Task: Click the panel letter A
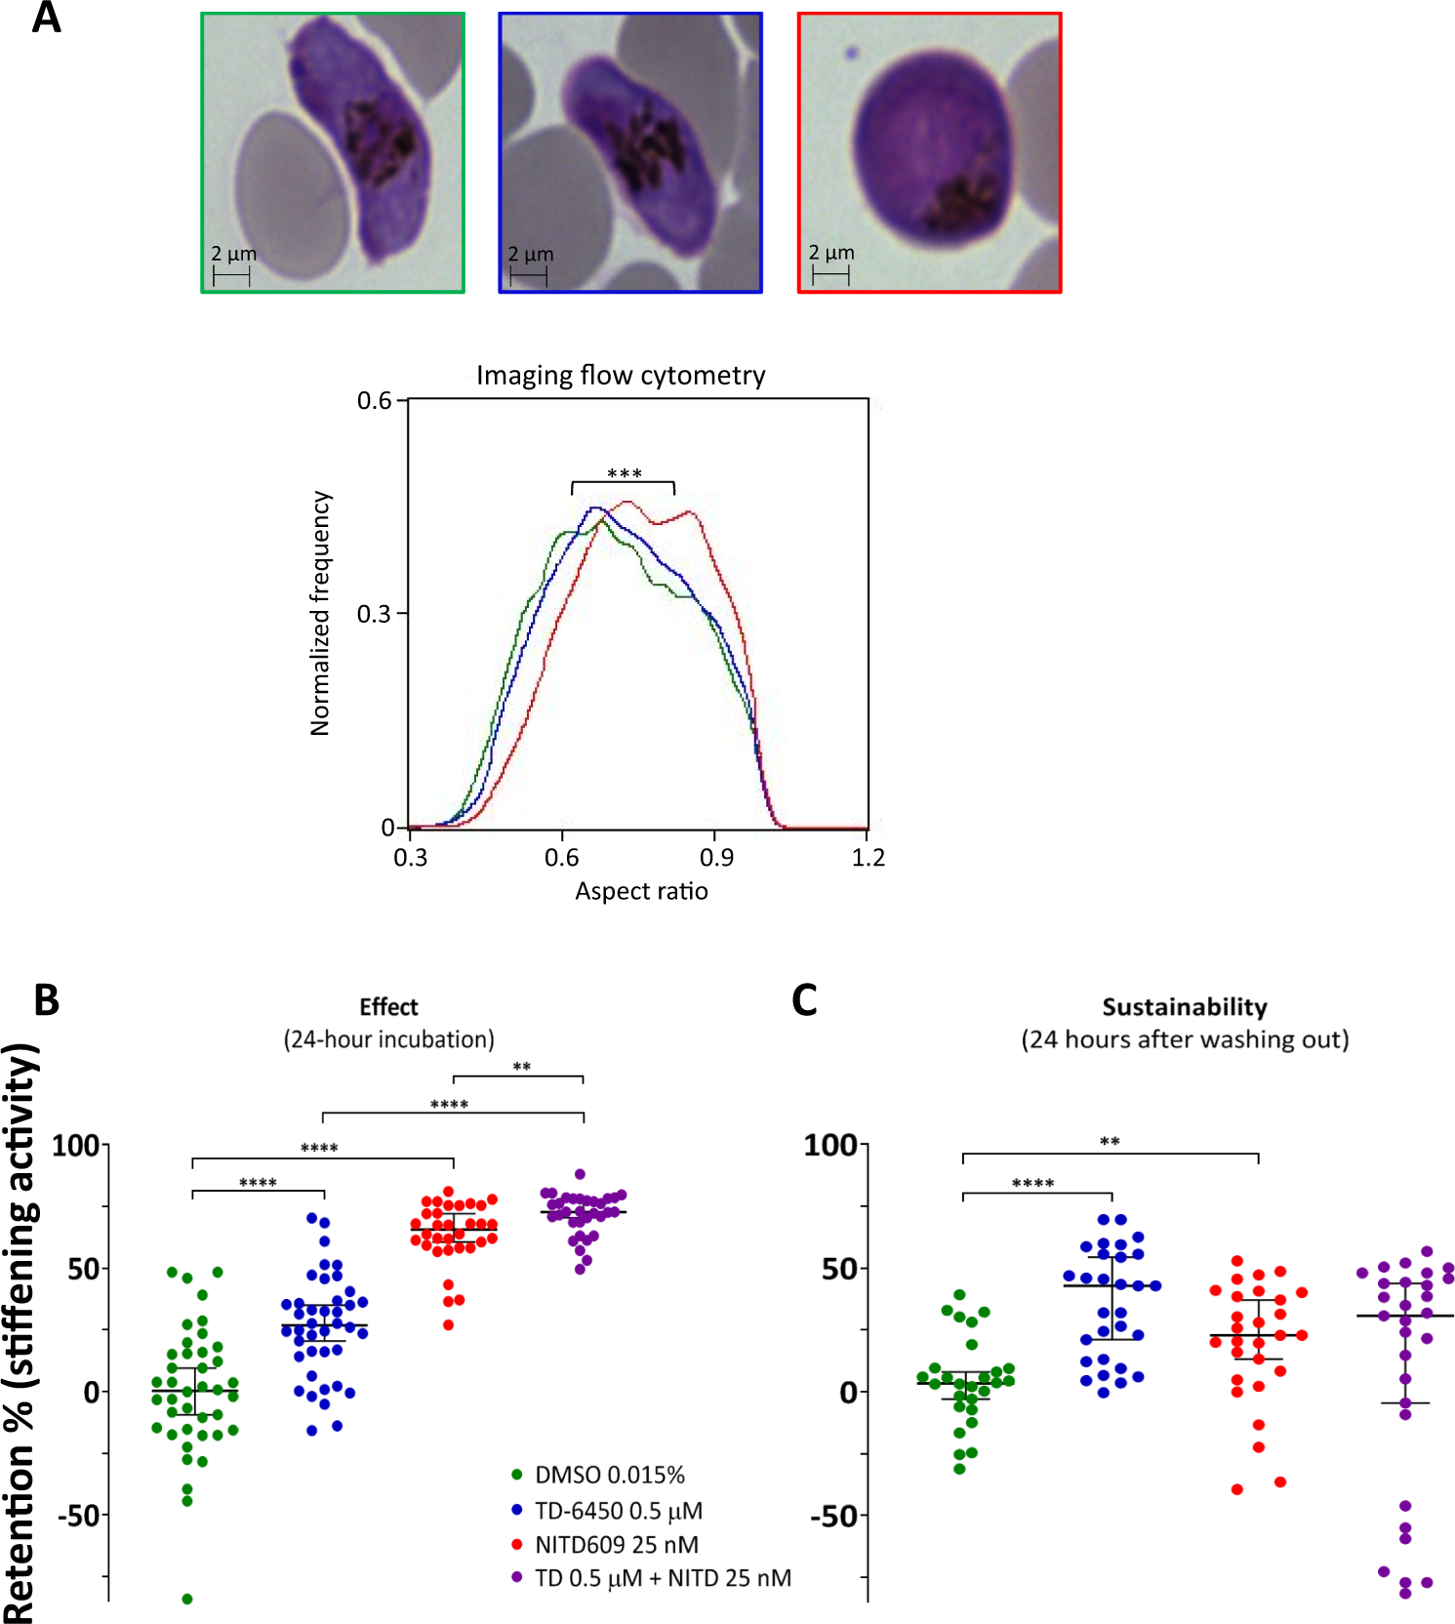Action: pyautogui.click(x=46, y=18)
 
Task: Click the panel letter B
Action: pyautogui.click(x=46, y=1000)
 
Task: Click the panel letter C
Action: pyautogui.click(x=804, y=1000)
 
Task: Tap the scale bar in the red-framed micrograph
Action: pyautogui.click(x=830, y=275)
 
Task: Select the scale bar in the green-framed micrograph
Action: pyautogui.click(x=231, y=277)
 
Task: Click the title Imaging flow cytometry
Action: pyautogui.click(x=621, y=376)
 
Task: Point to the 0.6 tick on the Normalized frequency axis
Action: pyautogui.click(x=374, y=401)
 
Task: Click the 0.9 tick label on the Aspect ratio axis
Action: pyautogui.click(x=716, y=858)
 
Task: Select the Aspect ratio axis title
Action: pyautogui.click(x=641, y=891)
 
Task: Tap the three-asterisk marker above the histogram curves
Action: pyautogui.click(x=624, y=474)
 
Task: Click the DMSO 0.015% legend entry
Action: pyautogui.click(x=609, y=1475)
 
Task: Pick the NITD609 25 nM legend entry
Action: pyautogui.click(x=616, y=1545)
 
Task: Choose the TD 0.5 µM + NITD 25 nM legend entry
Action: pyautogui.click(x=663, y=1578)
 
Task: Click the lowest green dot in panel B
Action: pyautogui.click(x=186, y=1599)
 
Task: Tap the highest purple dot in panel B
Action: pyautogui.click(x=580, y=1174)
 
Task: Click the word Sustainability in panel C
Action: pyautogui.click(x=1185, y=1007)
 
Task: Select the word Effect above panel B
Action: pyautogui.click(x=388, y=1007)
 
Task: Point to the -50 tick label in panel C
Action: pyautogui.click(x=833, y=1517)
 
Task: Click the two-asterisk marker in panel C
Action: pyautogui.click(x=1110, y=1142)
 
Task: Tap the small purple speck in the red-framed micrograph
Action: pyautogui.click(x=851, y=54)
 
